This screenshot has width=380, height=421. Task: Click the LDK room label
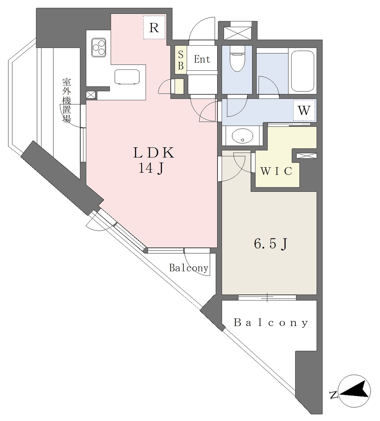pos(154,153)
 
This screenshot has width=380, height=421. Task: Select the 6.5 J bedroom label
pos(270,244)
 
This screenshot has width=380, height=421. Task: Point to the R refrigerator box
pos(154,28)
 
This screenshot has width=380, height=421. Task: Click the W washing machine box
pos(304,110)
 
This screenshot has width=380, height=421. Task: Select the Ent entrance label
pos(202,60)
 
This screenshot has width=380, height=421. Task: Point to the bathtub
pos(304,71)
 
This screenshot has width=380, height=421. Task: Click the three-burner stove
pos(99,46)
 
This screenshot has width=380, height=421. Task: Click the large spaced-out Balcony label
pos(271,323)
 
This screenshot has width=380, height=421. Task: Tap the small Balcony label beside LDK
pos(189,268)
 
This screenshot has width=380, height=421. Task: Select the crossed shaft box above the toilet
pos(237,32)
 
